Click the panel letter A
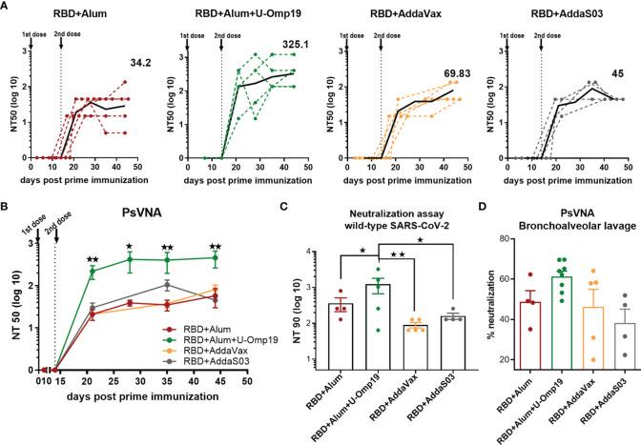click(7, 7)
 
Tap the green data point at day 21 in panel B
click(93, 272)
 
